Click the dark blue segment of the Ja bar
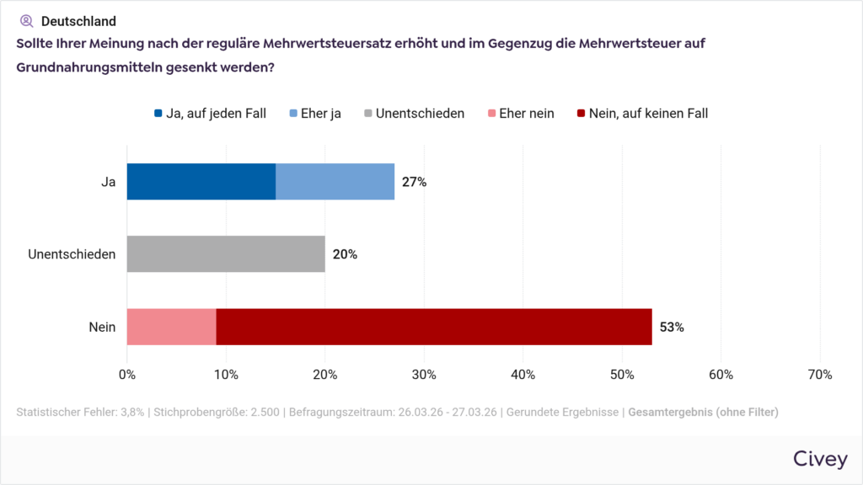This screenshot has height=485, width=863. point(201,182)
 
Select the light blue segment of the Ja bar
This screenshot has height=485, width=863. point(335,182)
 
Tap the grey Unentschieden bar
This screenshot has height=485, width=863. point(226,254)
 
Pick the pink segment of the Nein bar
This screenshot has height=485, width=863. point(171,327)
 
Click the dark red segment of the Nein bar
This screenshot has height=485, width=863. point(434,327)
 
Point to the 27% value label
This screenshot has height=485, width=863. point(414,182)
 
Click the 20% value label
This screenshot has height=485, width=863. point(345,254)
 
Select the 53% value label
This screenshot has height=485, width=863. point(672,328)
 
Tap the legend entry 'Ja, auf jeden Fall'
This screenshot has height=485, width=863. point(210,113)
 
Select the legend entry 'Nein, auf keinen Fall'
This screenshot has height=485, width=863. point(642,113)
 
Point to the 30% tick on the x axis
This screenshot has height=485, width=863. point(424,375)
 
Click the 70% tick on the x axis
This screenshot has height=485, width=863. point(820,375)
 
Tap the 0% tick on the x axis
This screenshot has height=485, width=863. point(127,375)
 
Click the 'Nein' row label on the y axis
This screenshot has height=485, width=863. point(102,327)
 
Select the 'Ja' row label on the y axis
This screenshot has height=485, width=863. point(108,182)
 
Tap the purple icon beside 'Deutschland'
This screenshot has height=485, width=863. point(26,21)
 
